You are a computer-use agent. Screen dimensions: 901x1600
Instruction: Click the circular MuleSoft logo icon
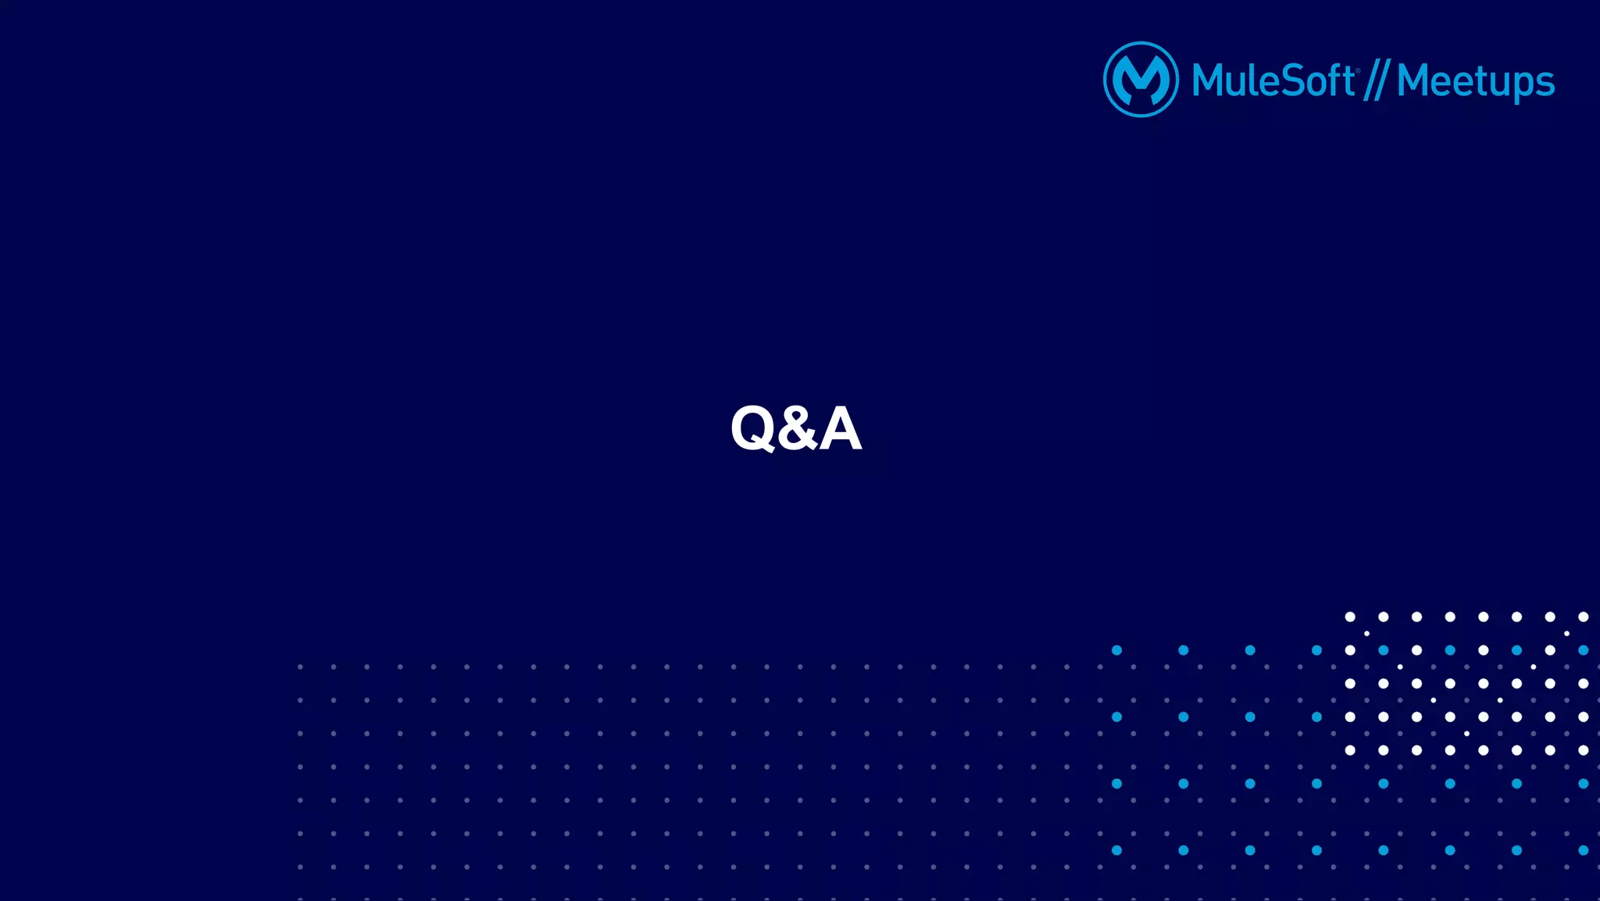pos(1141,80)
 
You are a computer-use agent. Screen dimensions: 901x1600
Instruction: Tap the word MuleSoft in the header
pos(1273,81)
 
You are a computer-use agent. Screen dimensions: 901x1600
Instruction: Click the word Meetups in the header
pos(1475,82)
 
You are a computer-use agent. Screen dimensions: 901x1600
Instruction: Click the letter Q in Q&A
pos(752,428)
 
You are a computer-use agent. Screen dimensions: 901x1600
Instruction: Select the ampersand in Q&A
pos(796,428)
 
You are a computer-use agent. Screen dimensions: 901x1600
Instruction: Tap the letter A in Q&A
pos(840,428)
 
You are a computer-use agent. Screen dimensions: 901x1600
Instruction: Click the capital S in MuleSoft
pos(1288,81)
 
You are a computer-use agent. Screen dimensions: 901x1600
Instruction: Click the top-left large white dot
pos(1350,617)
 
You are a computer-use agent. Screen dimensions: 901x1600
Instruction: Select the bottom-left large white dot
pos(1350,750)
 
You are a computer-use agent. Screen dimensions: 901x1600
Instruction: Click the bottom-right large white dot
pos(1583,750)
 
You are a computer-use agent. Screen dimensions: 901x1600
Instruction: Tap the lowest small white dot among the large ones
pos(1466,734)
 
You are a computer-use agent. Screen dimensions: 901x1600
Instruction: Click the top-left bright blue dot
pos(1117,650)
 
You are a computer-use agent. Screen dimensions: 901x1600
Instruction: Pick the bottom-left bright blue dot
pos(1117,850)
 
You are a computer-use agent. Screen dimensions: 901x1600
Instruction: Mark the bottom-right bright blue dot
pos(1583,850)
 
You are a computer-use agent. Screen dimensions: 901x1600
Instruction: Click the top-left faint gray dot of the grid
pos(300,667)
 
